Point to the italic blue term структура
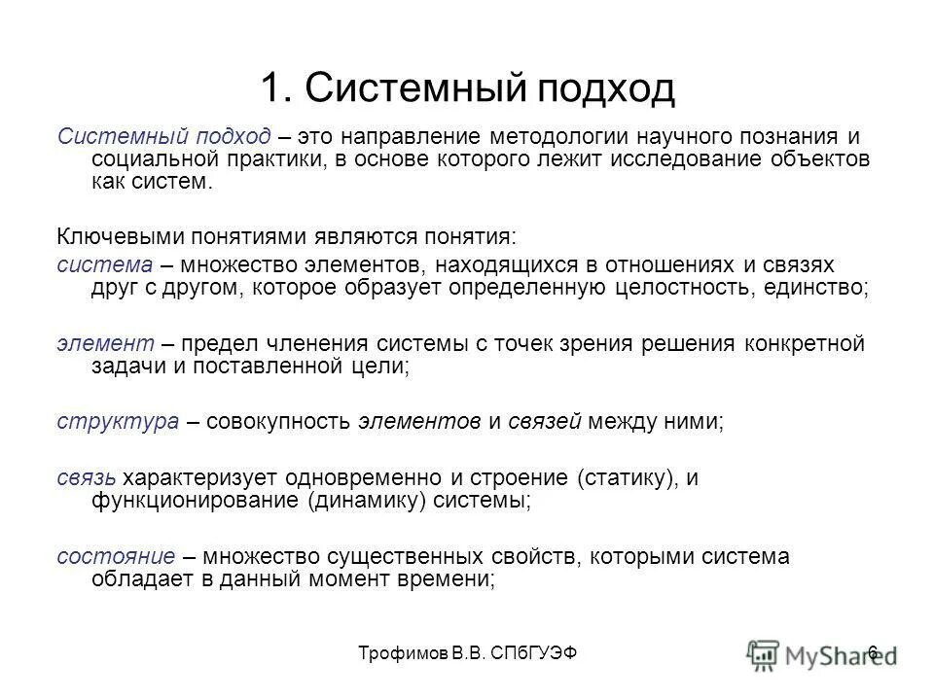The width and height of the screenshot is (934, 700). point(117,422)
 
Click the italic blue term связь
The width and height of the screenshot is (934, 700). point(88,477)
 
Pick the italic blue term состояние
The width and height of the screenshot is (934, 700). point(116,556)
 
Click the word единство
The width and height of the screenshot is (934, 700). point(813,289)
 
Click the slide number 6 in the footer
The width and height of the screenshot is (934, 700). point(873,651)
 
